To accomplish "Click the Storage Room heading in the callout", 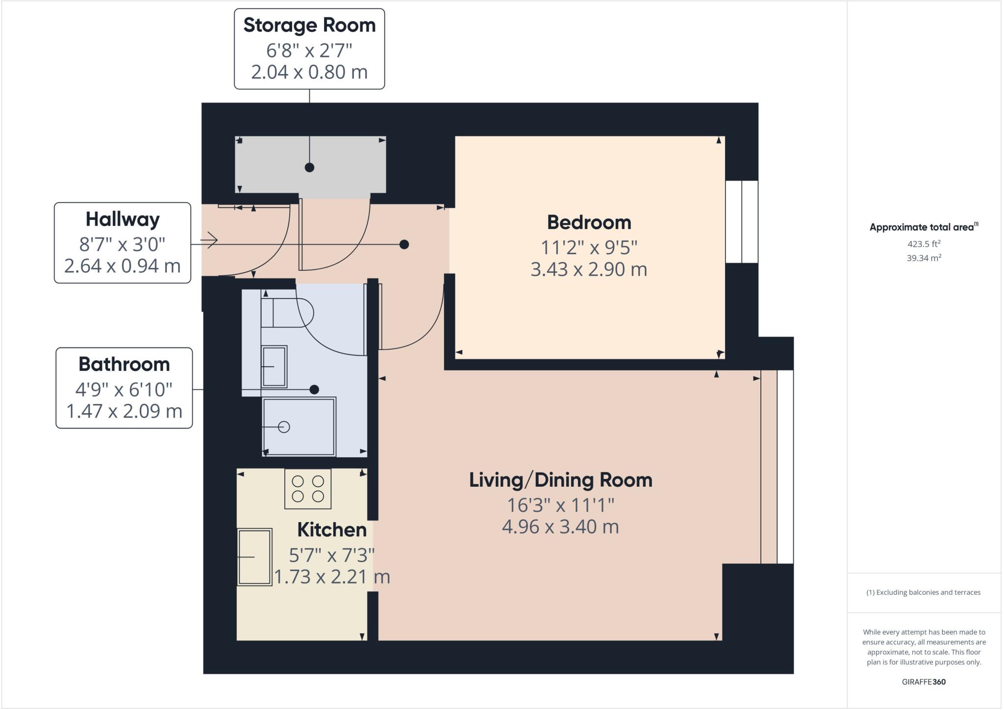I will [309, 26].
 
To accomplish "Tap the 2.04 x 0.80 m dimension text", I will [309, 72].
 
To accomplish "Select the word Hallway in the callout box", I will [123, 219].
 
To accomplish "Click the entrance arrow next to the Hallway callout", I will [211, 240].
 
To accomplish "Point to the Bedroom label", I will [589, 223].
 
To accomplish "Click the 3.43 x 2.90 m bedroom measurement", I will [589, 269].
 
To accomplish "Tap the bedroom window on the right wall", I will [741, 222].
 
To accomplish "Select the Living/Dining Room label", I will [560, 480].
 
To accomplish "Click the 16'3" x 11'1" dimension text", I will [560, 504].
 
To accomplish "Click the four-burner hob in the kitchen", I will [308, 489].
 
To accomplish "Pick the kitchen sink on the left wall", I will [254, 557].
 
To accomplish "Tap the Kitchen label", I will [332, 530].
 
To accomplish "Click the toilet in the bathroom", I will [287, 313].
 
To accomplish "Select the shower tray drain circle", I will [284, 427].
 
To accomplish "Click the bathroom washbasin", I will [274, 367].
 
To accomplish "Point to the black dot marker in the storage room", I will [309, 167].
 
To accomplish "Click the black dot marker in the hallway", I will [404, 244].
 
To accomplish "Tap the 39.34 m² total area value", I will [924, 258].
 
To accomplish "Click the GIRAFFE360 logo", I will [924, 682].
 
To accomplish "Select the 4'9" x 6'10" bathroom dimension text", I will [124, 390].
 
